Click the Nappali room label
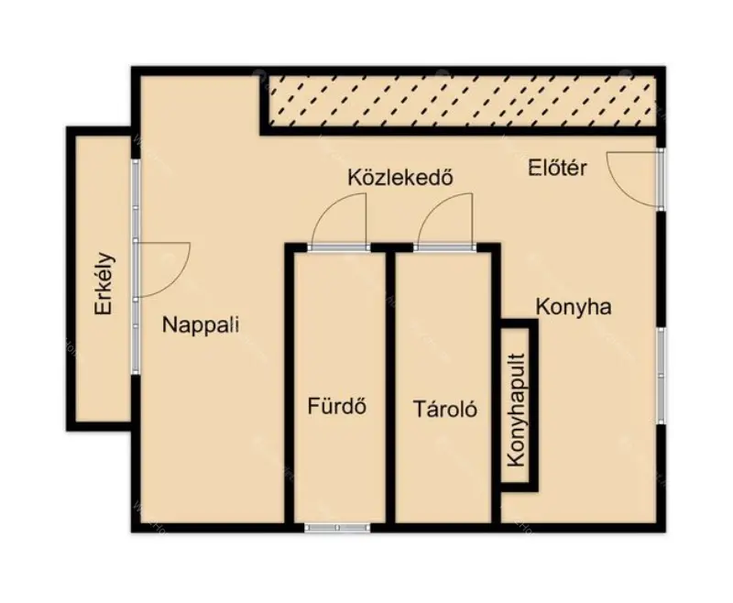pos(201,324)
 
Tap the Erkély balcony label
pos(104,284)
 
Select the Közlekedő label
pos(400,177)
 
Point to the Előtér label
pos(557,168)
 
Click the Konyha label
pos(574,307)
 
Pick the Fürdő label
pos(336,406)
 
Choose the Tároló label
pos(445,409)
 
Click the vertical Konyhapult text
pos(517,410)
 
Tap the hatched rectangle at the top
pos(462,102)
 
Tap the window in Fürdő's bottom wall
pos(336,528)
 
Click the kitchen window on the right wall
pos(661,376)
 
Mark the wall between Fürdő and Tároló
pos(390,388)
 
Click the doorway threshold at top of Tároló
pos(444,247)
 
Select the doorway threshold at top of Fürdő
pos(339,247)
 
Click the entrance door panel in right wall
pos(661,179)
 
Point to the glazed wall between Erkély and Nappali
pos(136,267)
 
